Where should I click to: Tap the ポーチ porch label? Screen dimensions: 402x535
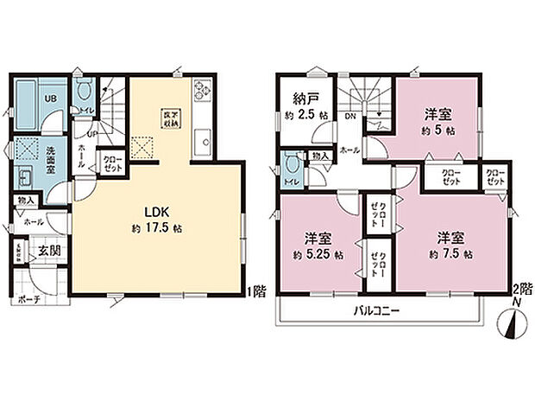click(x=28, y=299)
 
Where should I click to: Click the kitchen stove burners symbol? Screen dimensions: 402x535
click(x=203, y=89)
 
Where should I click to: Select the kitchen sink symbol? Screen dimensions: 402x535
click(x=205, y=137)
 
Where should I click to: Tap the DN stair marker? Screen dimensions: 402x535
click(x=351, y=115)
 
